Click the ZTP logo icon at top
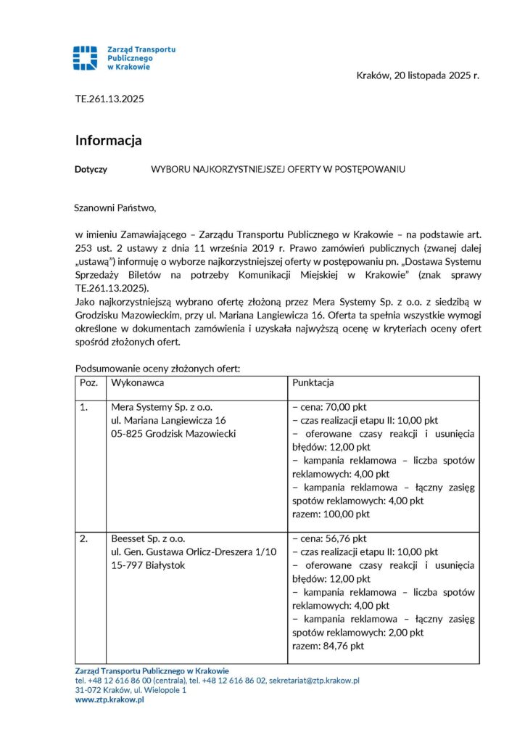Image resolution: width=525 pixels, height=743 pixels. pyautogui.click(x=85, y=58)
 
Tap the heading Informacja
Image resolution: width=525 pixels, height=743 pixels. pyautogui.click(x=108, y=140)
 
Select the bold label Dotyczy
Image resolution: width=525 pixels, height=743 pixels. pyautogui.click(x=91, y=169)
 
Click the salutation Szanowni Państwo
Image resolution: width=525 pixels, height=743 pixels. pyautogui.click(x=115, y=208)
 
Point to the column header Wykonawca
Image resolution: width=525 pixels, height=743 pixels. pyautogui.click(x=137, y=382)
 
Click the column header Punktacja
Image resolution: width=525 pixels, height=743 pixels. pyautogui.click(x=313, y=382)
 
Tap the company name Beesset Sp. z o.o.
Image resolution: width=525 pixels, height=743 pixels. pyautogui.click(x=148, y=539)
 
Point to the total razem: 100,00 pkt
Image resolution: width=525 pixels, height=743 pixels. pyautogui.click(x=330, y=514)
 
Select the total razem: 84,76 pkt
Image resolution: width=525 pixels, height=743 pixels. pyautogui.click(x=327, y=646)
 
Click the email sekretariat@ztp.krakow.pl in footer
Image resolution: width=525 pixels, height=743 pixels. pyautogui.click(x=314, y=681)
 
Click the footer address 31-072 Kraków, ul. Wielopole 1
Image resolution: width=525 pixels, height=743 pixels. pyautogui.click(x=131, y=690)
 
